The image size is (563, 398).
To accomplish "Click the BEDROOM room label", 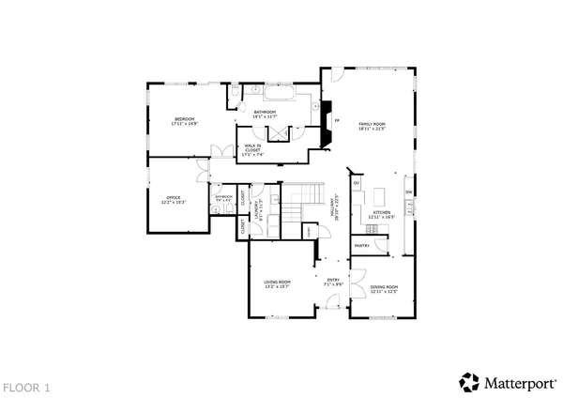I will (x=183, y=120).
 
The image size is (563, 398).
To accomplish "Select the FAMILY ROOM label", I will (x=373, y=124).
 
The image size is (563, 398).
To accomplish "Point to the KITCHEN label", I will (x=381, y=214).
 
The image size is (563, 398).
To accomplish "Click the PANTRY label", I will (x=362, y=246).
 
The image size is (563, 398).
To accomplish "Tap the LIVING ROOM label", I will (x=276, y=283).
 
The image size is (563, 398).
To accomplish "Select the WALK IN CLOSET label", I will (x=252, y=147).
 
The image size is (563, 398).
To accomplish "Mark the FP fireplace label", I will (x=336, y=121).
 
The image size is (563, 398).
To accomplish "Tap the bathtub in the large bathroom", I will (x=280, y=95).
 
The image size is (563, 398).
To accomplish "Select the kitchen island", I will (x=380, y=197).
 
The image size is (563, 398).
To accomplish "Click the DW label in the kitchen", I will (x=408, y=193).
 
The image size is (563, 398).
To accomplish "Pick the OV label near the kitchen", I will (x=357, y=182).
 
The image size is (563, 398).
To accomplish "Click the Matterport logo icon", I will (x=467, y=381).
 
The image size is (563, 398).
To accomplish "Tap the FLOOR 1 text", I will (x=25, y=386).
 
